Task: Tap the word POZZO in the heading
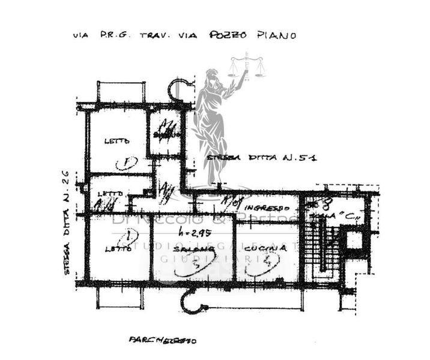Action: point(228,35)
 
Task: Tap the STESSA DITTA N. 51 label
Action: point(261,158)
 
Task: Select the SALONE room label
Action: point(186,248)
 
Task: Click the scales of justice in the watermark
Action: point(247,66)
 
